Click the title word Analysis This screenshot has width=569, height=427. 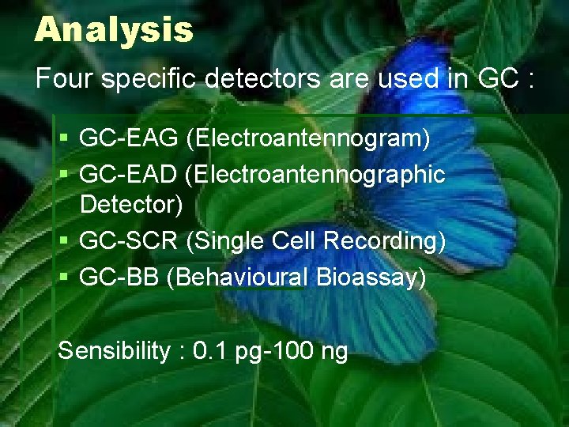114,30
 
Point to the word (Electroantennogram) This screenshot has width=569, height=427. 307,138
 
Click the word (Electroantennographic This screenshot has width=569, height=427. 315,174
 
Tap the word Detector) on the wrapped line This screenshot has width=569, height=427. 131,205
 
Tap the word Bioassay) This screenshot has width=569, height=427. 371,277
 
